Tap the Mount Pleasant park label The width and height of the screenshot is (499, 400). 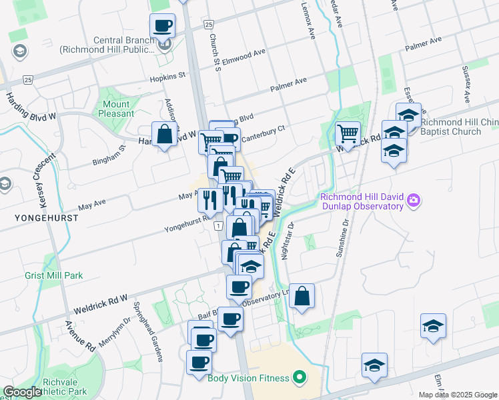coord(116,109)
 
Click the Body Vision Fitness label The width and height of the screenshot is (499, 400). coord(248,378)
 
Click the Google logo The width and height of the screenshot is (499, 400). coord(22,392)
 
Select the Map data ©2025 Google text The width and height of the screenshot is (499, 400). coord(457,395)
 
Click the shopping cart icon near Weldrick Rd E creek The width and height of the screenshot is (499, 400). coord(348,133)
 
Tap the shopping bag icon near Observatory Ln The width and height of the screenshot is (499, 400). coord(302,295)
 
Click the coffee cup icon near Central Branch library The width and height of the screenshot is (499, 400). coord(162,27)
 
